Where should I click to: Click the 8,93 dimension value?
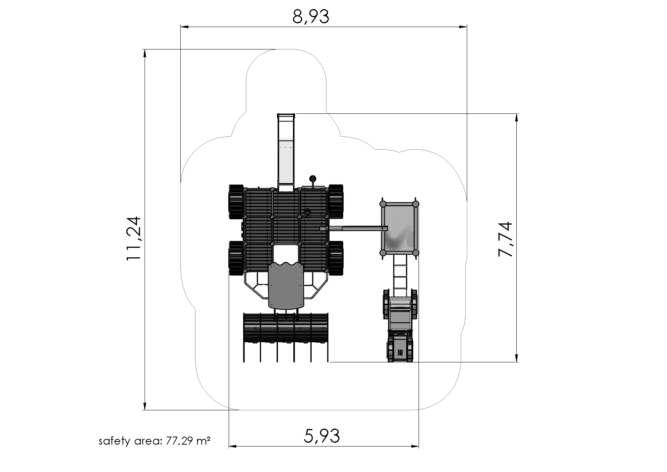(310, 17)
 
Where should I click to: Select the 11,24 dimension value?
(134, 239)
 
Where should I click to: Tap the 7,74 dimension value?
(506, 239)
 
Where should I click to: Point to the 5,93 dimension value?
(322, 436)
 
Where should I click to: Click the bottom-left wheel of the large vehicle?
(236, 258)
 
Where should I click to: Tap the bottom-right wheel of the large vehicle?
(336, 258)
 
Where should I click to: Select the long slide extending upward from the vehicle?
(286, 152)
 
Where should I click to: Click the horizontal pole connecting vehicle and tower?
(354, 228)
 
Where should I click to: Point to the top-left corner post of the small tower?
(383, 204)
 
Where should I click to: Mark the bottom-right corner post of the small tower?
(415, 253)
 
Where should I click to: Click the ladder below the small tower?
(400, 275)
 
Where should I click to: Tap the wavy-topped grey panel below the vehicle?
(286, 285)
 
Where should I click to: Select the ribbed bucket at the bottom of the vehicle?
(286, 328)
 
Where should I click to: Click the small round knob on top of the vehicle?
(313, 178)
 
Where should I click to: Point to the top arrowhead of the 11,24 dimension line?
(145, 54)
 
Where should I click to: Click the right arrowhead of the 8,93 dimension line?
(463, 27)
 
